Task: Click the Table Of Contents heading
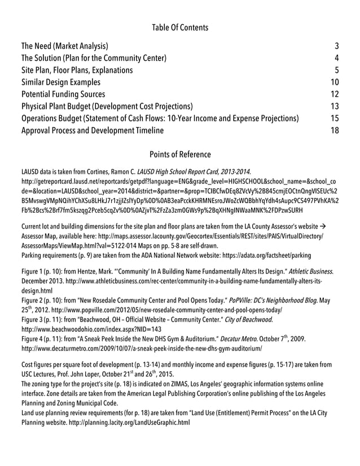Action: coord(180,27)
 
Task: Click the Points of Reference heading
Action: coord(180,154)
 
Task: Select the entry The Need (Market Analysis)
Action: coord(65,46)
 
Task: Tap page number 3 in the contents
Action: coord(336,46)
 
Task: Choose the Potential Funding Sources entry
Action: coord(63,94)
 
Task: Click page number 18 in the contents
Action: coord(334,130)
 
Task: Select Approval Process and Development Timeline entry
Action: coord(92,130)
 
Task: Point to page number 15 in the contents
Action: coord(334,118)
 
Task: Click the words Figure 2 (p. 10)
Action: coord(41,302)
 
